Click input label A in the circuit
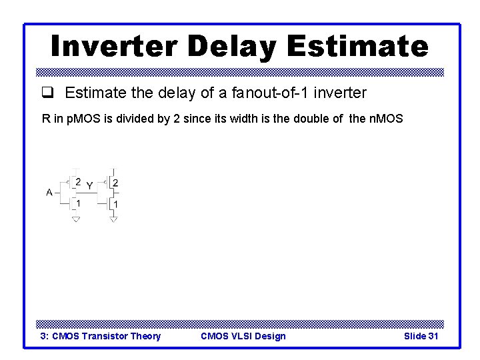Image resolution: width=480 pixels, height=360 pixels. [49, 192]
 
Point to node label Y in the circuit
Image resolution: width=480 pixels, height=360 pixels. [89, 186]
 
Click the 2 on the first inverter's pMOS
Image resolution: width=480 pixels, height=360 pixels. [79, 181]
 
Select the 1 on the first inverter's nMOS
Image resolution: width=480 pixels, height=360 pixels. [79, 203]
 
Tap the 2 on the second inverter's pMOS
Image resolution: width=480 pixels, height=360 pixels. [116, 182]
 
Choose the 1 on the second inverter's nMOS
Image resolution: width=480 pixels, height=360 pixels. [116, 203]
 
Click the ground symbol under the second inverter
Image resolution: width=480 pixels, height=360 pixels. [113, 219]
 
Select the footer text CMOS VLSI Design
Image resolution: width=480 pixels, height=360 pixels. [243, 336]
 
